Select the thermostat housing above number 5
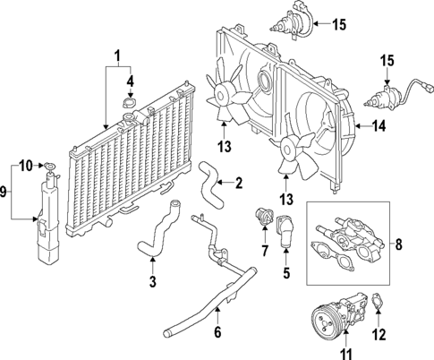click(285, 227)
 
